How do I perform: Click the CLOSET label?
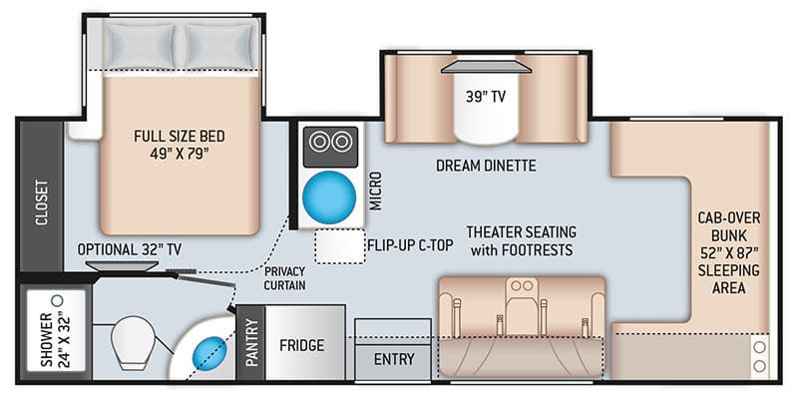click(42, 203)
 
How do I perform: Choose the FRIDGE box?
click(301, 345)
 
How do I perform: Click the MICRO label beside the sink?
click(375, 189)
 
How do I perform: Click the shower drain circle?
click(57, 298)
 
